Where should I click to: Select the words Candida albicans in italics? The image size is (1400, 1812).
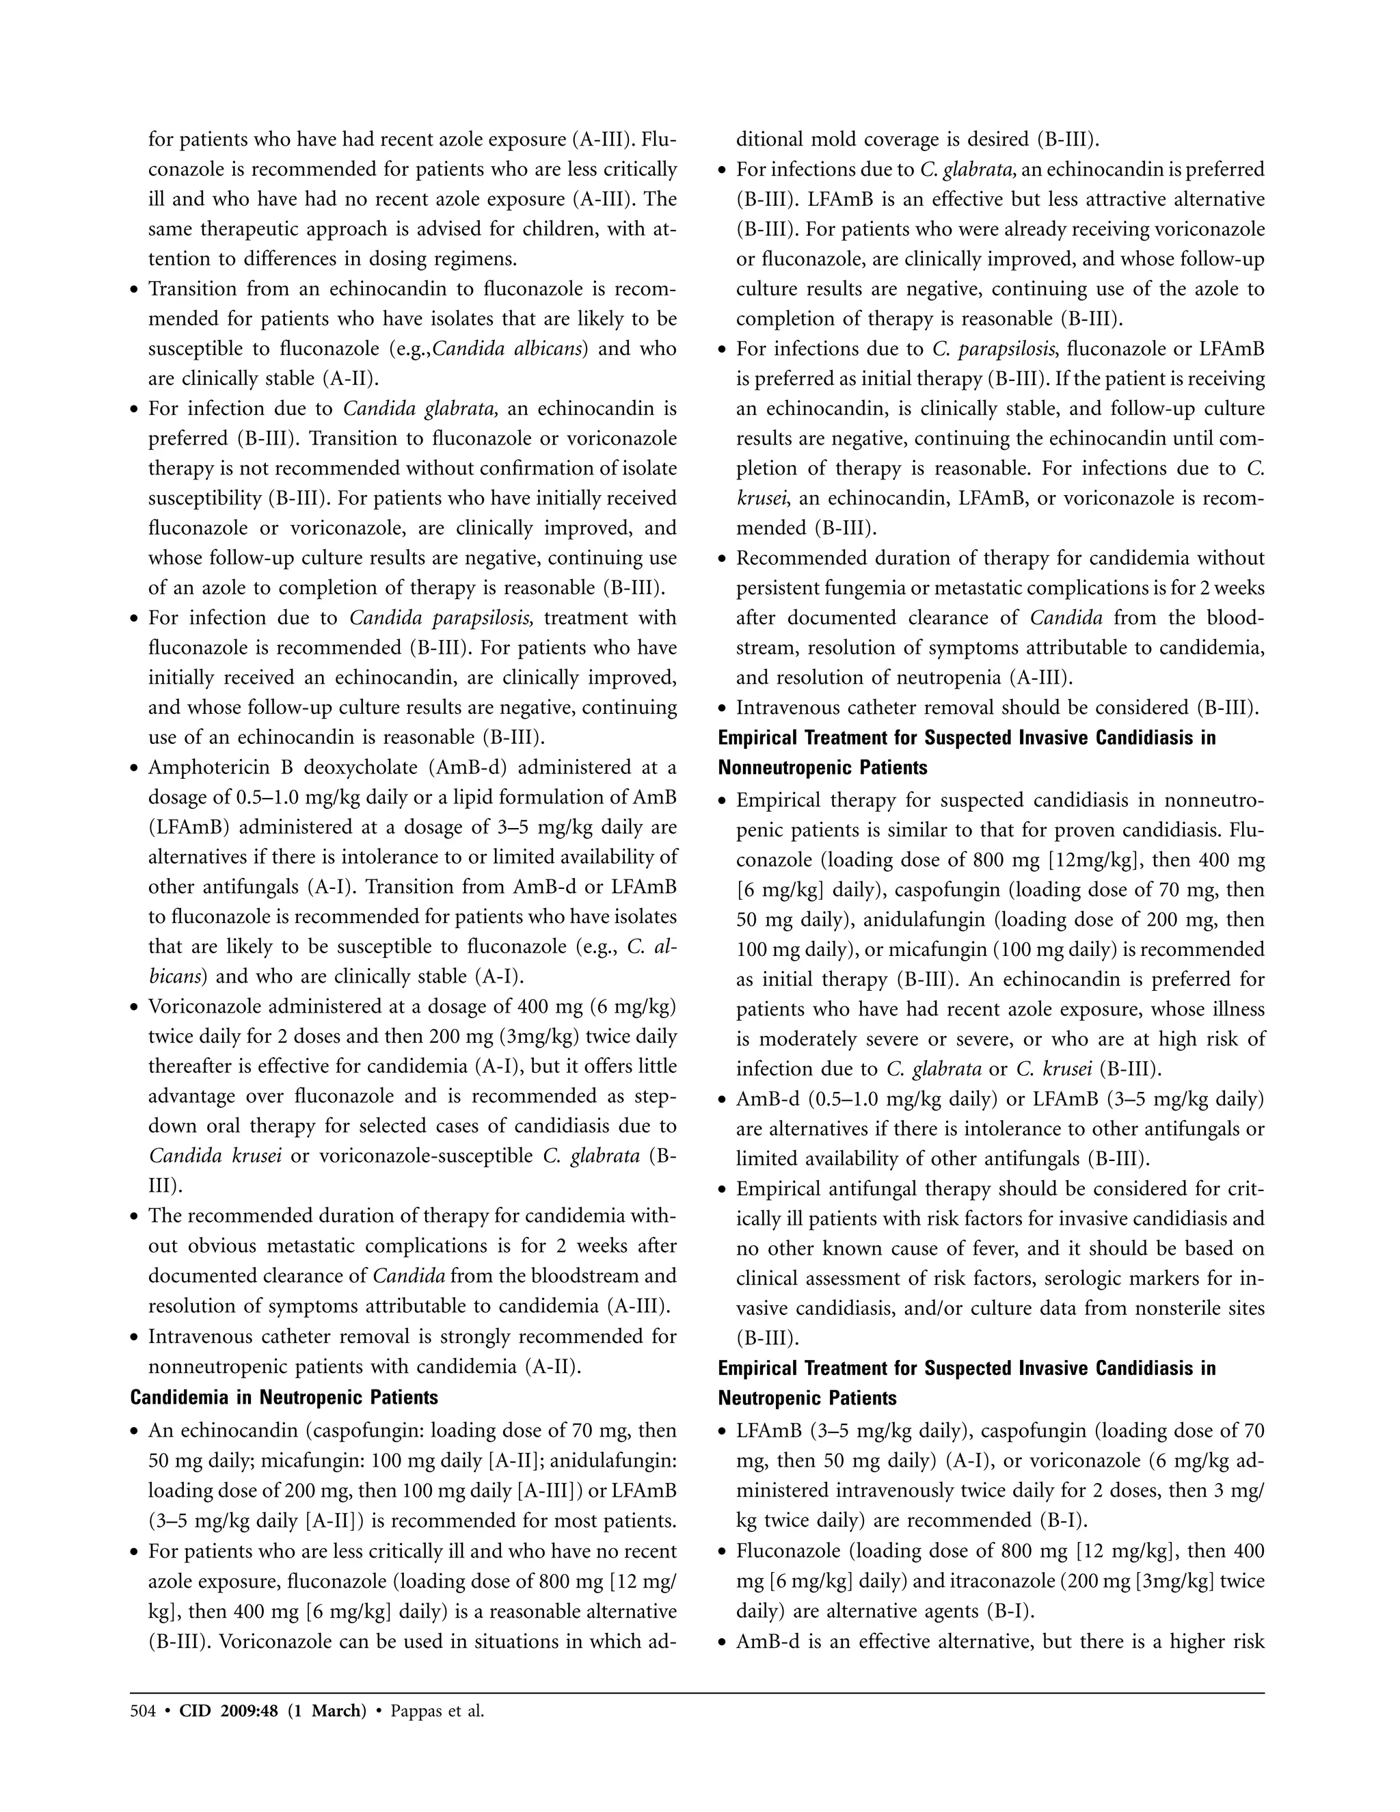tap(510, 349)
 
